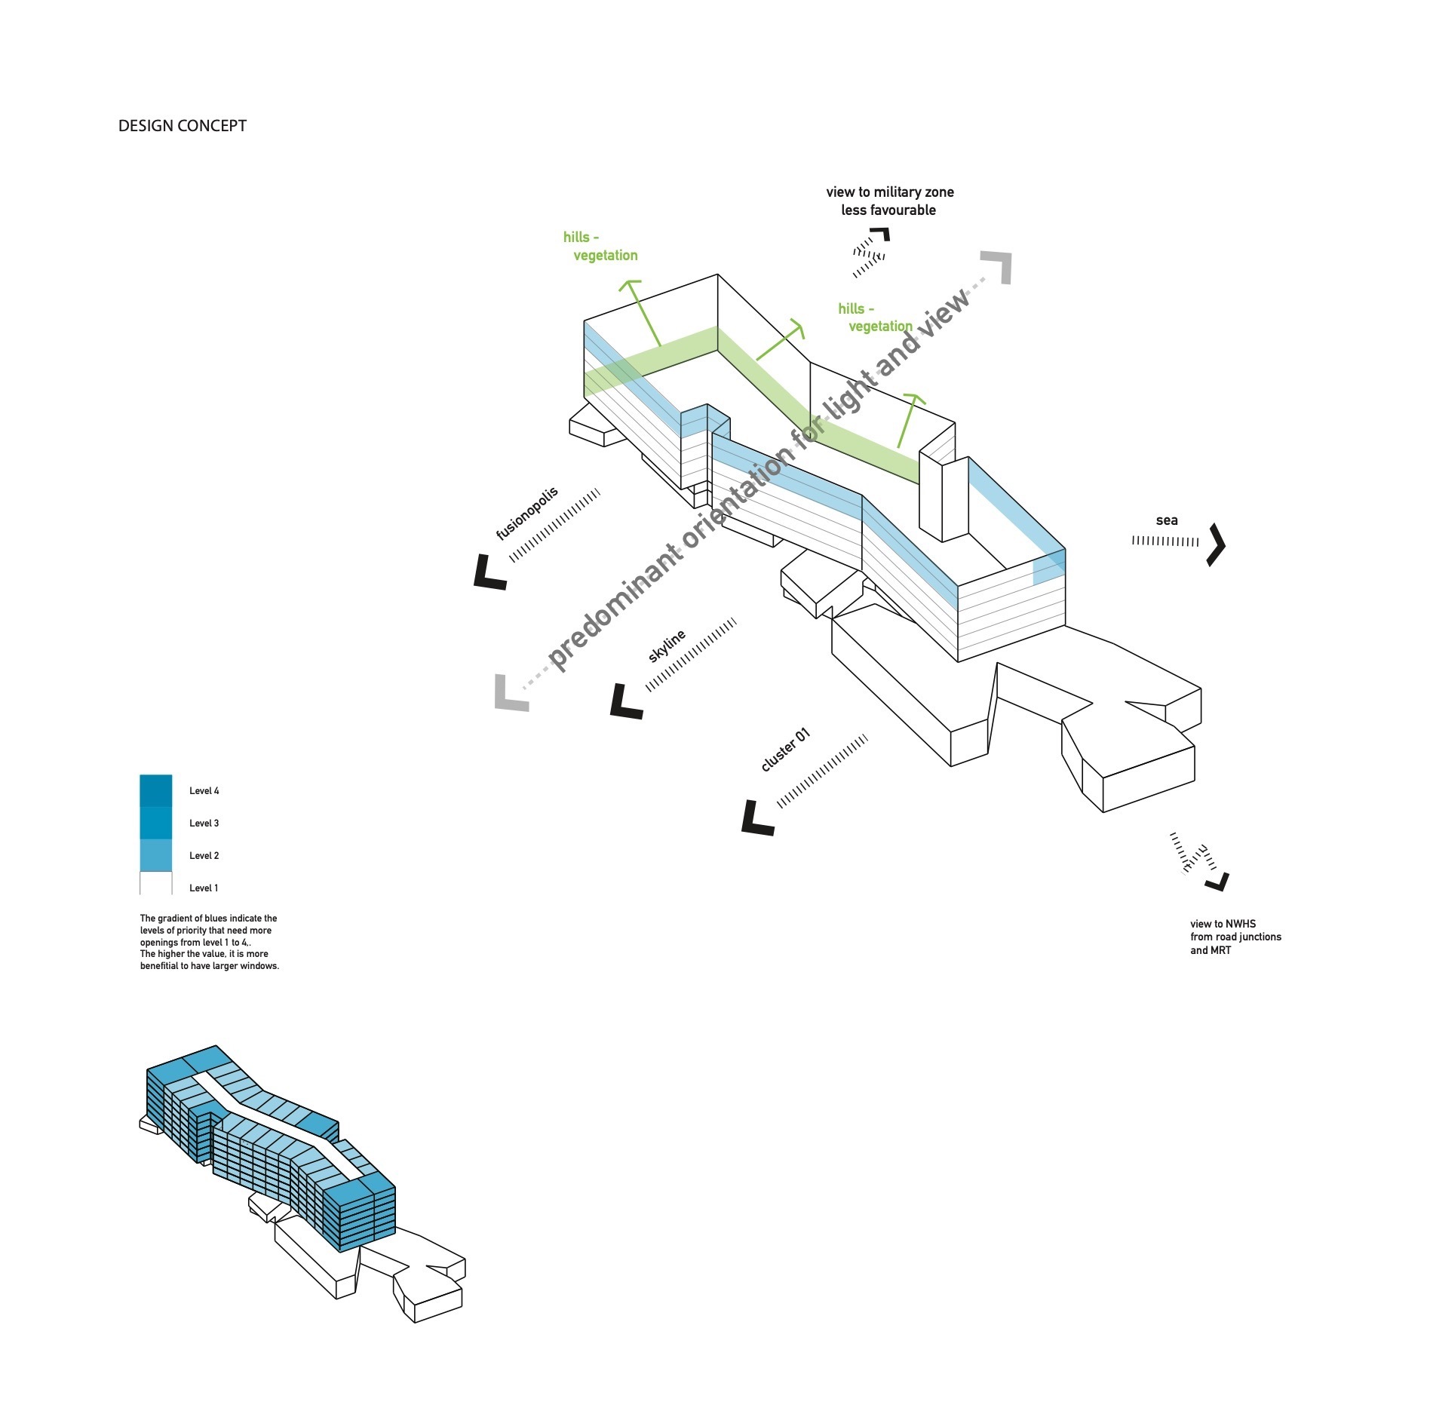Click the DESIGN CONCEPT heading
(182, 126)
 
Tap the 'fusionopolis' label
(527, 514)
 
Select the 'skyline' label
(667, 646)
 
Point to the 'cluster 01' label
(785, 750)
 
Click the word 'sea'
(1166, 520)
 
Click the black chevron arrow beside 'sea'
(1215, 544)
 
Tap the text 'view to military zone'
(890, 192)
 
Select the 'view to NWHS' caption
(1223, 924)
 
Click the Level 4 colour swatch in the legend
(156, 790)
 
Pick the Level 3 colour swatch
(156, 823)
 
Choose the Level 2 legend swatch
(156, 855)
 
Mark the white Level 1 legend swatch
(156, 884)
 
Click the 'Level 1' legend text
(204, 888)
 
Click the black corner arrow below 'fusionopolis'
(488, 574)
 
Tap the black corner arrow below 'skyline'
(624, 704)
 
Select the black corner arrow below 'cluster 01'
(756, 820)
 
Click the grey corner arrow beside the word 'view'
(998, 266)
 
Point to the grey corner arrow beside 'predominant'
(509, 695)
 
